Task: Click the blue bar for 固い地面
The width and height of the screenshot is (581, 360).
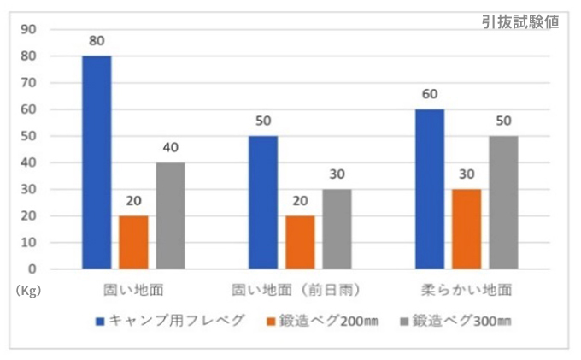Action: tap(97, 162)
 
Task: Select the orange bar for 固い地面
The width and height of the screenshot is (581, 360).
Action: tap(133, 242)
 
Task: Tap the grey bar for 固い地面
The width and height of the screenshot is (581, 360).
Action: tap(170, 215)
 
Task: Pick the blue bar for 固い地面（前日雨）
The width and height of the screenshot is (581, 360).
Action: tap(263, 203)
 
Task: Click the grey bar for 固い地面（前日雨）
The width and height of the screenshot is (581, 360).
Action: tap(337, 229)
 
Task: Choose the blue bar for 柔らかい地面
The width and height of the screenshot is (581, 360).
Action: tap(429, 189)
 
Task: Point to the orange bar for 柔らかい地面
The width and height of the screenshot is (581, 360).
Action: tap(467, 229)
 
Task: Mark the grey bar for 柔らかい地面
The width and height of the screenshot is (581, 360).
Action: tap(503, 203)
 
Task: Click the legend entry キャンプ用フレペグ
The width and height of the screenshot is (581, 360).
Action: tap(171, 321)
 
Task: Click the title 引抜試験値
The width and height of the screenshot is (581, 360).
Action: tap(520, 22)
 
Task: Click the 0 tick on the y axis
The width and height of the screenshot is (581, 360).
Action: tap(32, 269)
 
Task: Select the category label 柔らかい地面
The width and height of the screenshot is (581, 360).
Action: tap(467, 289)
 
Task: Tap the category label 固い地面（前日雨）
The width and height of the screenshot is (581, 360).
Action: tap(301, 289)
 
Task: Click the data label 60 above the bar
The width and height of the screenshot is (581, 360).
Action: tap(429, 92)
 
